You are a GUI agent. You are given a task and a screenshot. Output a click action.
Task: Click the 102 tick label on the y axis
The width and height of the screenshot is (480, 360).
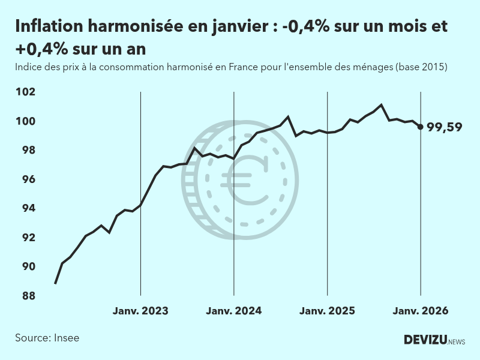27,92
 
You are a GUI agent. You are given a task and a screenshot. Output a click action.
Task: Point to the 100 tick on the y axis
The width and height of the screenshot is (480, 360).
27,121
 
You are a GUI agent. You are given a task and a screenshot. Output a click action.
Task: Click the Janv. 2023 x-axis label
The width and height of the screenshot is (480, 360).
140,311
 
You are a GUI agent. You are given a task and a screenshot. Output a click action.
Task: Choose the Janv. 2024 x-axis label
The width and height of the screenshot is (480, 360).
234,311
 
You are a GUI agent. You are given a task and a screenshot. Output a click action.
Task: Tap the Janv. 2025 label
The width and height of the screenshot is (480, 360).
327,311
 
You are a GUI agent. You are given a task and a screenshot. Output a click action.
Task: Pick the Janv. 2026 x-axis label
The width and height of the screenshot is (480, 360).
420,311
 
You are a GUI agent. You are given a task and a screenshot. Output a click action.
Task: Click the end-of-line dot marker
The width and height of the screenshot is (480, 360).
420,127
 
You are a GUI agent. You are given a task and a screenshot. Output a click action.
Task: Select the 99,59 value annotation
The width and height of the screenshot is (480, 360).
444,127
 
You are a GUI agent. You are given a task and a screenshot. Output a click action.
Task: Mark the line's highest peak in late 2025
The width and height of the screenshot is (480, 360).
382,105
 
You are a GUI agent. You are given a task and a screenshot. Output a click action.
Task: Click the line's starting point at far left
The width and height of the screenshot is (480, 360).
55,283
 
